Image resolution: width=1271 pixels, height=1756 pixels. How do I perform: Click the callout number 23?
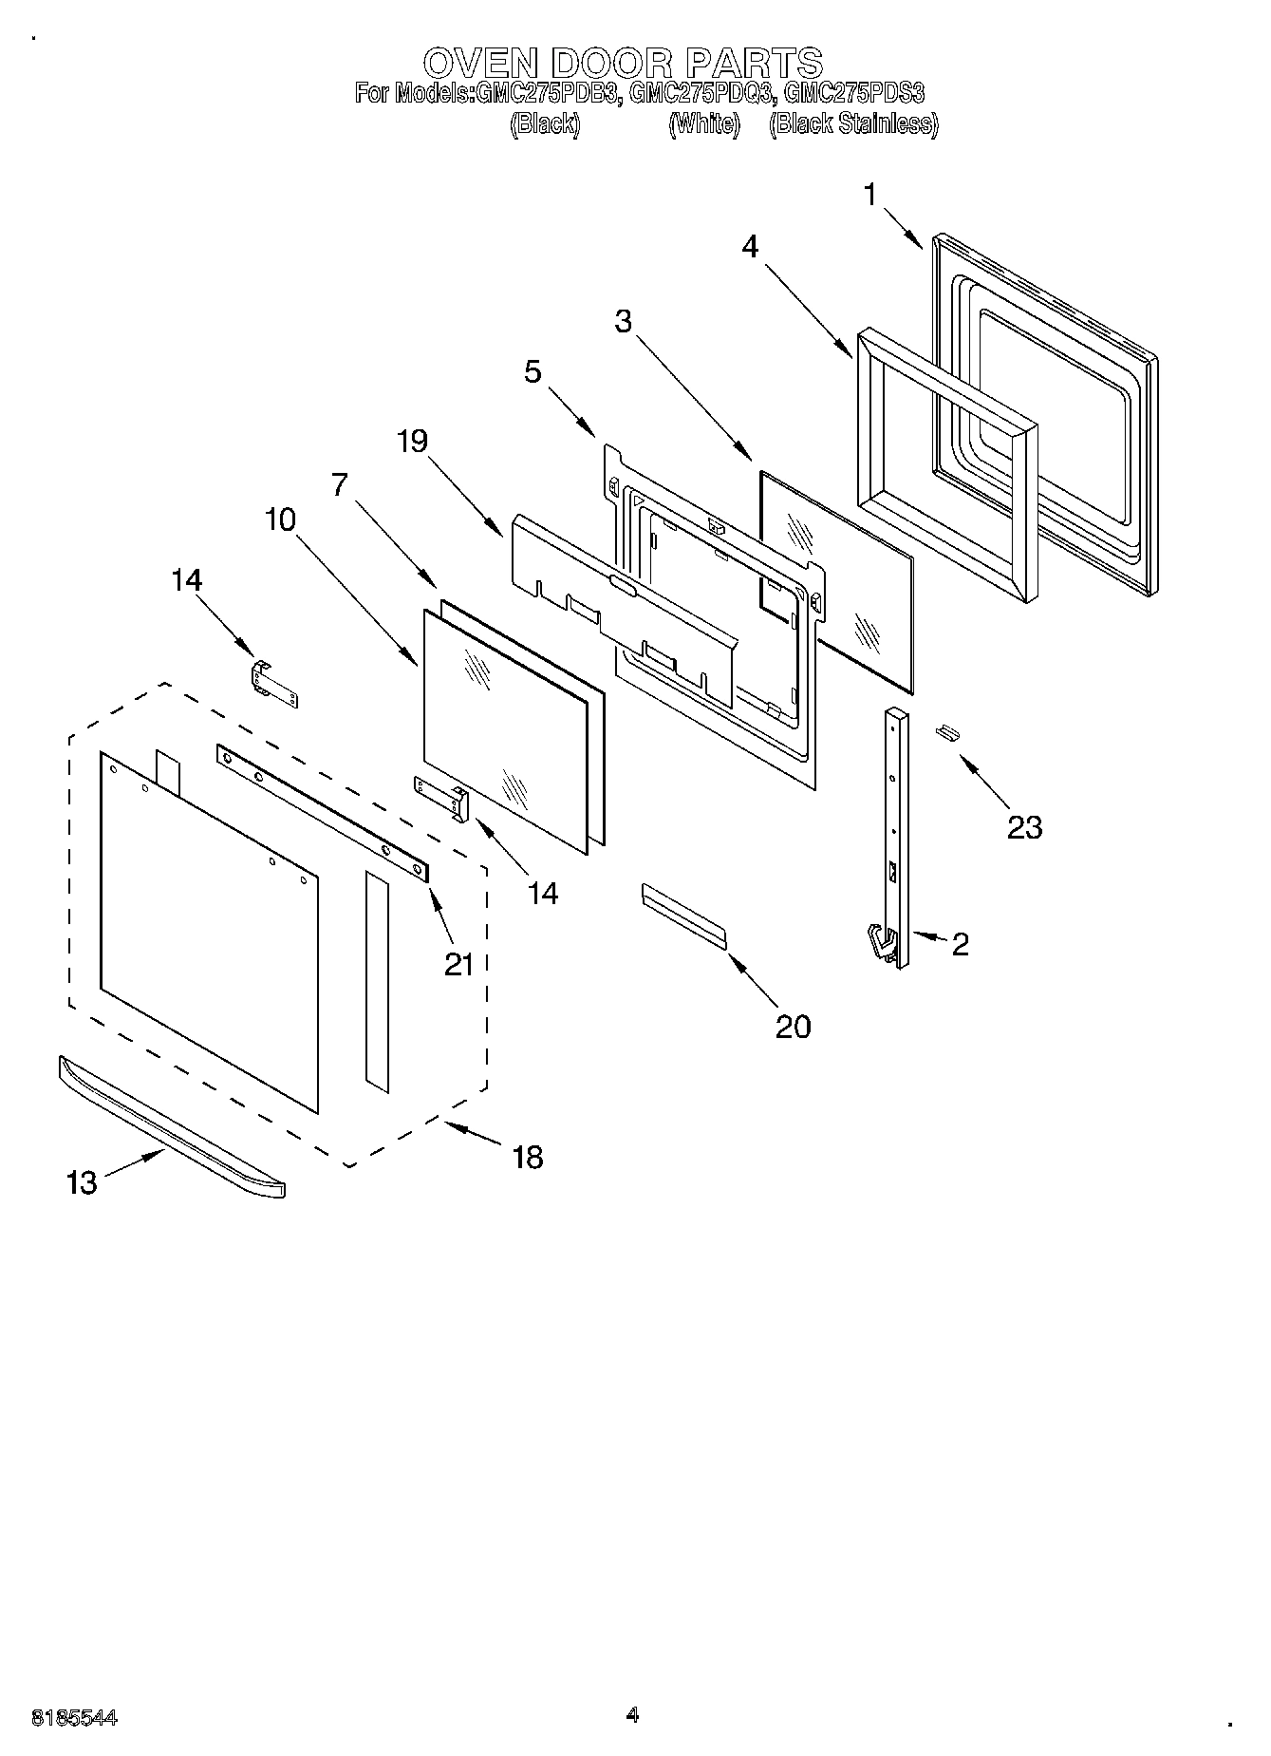pos(1024,827)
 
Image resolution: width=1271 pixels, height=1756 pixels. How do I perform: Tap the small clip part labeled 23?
pos(945,731)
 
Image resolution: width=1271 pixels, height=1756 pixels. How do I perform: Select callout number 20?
pos(794,1026)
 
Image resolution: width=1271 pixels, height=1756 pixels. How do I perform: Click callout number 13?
pos(83,1182)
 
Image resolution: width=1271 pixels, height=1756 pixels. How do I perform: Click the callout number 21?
pos(459,964)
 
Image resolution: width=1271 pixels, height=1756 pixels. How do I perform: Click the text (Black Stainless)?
pos(853,123)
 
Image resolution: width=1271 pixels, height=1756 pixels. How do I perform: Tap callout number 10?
pos(281,519)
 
